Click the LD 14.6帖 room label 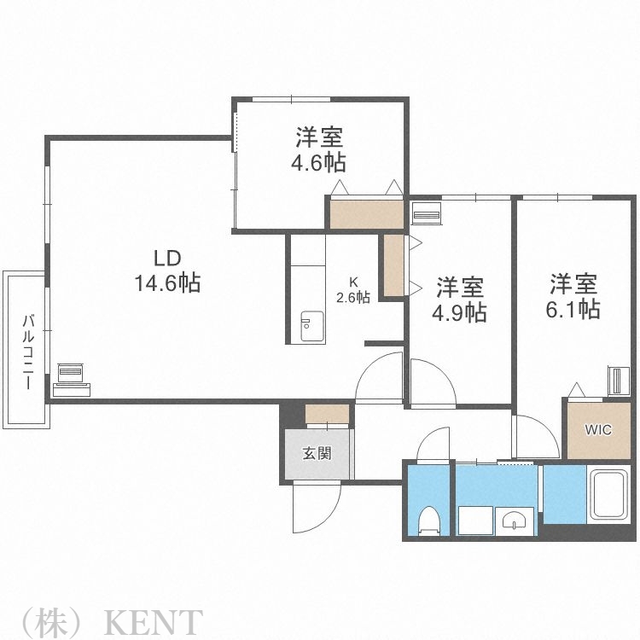[x=166, y=271]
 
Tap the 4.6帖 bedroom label [x=321, y=149]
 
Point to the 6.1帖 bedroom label [x=573, y=295]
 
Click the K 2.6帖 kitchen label [x=352, y=290]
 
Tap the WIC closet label [x=597, y=430]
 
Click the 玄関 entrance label [x=317, y=453]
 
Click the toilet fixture [x=428, y=521]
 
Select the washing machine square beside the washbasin [x=474, y=520]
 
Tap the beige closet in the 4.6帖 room [x=365, y=213]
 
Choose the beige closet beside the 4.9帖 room [x=393, y=265]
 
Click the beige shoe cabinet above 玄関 [x=327, y=414]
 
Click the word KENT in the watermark [x=154, y=621]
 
